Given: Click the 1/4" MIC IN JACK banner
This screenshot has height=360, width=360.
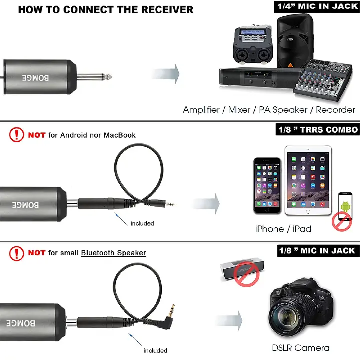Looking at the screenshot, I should point(316,6).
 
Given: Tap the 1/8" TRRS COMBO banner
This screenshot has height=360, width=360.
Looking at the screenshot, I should point(318,130).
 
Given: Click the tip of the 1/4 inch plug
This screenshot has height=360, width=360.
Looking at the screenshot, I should point(109,77).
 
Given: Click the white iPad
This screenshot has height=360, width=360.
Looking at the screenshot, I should point(308,180).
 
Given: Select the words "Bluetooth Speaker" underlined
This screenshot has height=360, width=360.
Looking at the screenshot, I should point(113,253).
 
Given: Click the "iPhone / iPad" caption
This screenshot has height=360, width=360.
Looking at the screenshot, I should point(283,229).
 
